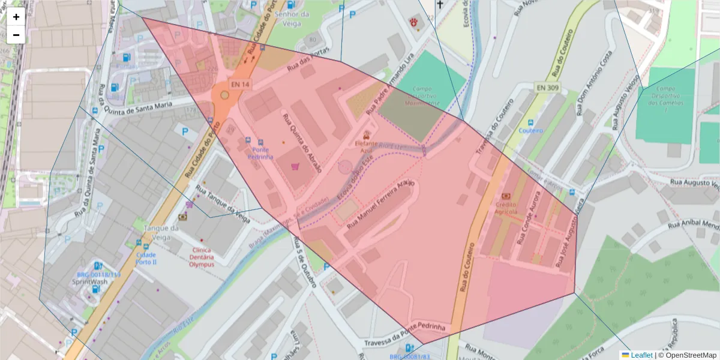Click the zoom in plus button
click(x=16, y=17)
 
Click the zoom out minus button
click(x=16, y=35)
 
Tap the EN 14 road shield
click(x=239, y=85)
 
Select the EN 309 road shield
click(x=547, y=88)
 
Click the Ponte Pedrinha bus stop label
click(x=261, y=153)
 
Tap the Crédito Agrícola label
click(x=506, y=208)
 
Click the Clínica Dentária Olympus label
click(x=201, y=257)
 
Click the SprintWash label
click(x=90, y=281)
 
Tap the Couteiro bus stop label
click(x=530, y=130)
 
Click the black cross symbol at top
click(x=440, y=5)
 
